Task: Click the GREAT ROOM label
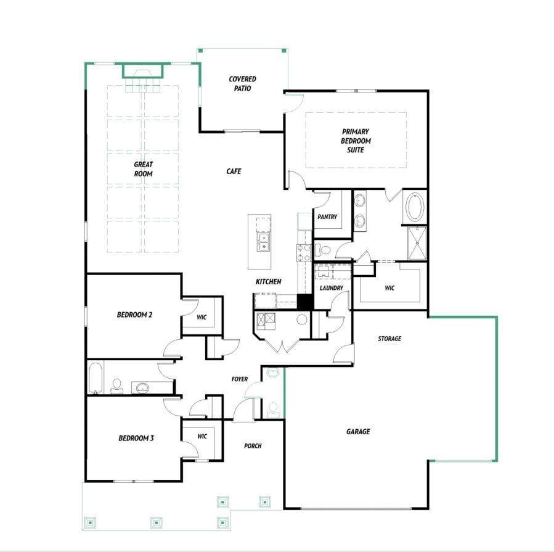point(143,169)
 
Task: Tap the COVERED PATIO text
point(242,83)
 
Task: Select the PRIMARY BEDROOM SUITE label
point(356,141)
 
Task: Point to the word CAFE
point(234,171)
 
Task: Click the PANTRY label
point(327,216)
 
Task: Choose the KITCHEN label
point(269,281)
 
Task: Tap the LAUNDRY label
point(331,288)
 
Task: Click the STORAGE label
point(389,339)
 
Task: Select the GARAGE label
point(358,431)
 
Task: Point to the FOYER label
point(240,379)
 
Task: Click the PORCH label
point(253,446)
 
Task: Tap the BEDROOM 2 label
point(134,315)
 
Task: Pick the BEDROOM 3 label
point(136,438)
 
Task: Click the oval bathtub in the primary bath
point(415,207)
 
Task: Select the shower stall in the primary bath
point(417,243)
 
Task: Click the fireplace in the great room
point(143,71)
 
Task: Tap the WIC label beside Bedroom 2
point(202,317)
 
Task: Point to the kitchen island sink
point(263,242)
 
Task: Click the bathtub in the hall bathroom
point(95,378)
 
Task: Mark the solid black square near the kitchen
point(305,302)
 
